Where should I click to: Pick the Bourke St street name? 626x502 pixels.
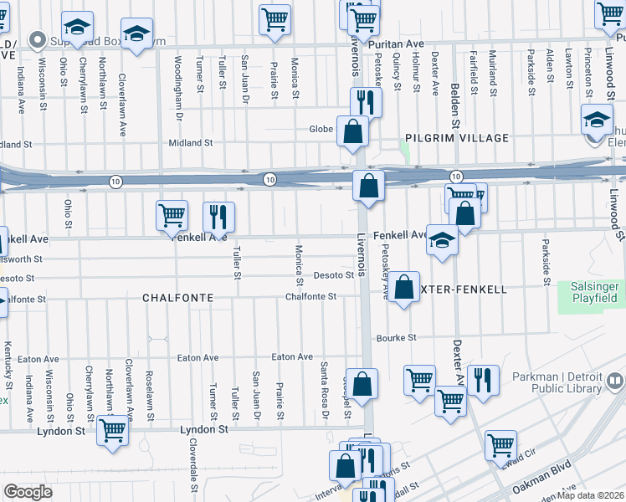[396, 338]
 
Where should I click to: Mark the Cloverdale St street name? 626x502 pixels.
[192, 459]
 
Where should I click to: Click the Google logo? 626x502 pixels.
[28, 492]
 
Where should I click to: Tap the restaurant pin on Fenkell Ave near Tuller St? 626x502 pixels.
[219, 216]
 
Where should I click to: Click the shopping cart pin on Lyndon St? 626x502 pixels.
[112, 429]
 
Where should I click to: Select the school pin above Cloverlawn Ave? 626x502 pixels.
[136, 33]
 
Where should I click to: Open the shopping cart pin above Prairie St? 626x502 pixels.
[275, 18]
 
